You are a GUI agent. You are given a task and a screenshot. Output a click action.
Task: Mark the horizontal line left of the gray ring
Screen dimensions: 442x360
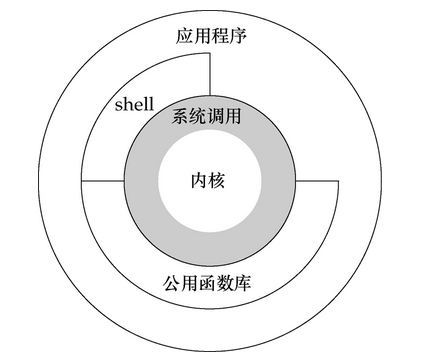[103, 181]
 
